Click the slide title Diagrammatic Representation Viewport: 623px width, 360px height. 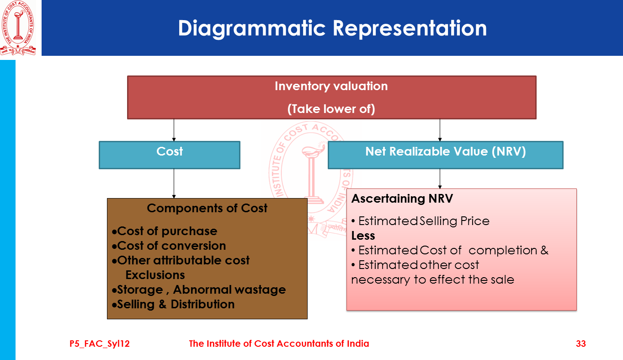click(x=332, y=28)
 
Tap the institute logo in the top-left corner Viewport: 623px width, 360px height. click(x=19, y=28)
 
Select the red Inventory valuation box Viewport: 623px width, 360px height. click(x=331, y=97)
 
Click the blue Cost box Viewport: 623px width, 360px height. click(x=170, y=155)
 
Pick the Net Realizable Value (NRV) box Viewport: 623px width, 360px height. click(x=446, y=155)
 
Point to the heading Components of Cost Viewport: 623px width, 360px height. click(x=207, y=209)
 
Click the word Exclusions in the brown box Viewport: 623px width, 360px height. click(x=155, y=275)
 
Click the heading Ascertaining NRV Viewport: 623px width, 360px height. click(x=402, y=199)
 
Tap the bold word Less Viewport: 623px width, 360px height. click(x=363, y=236)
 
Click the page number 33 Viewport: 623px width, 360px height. click(x=581, y=344)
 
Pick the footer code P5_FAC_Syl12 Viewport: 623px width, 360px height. click(x=100, y=344)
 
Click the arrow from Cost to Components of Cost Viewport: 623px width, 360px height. click(x=174, y=183)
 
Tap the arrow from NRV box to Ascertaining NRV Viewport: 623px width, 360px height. click(x=440, y=178)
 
